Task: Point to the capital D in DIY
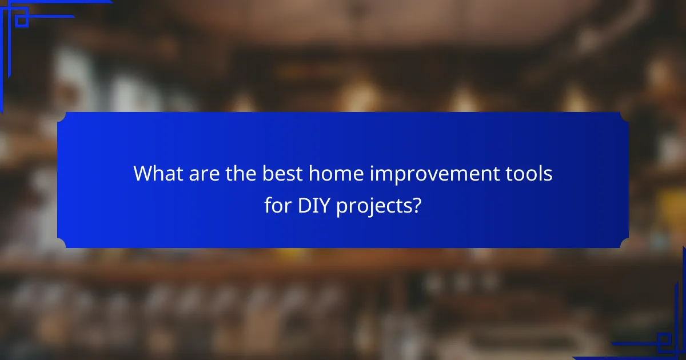tap(304, 206)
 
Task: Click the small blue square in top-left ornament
tap(22, 21)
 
